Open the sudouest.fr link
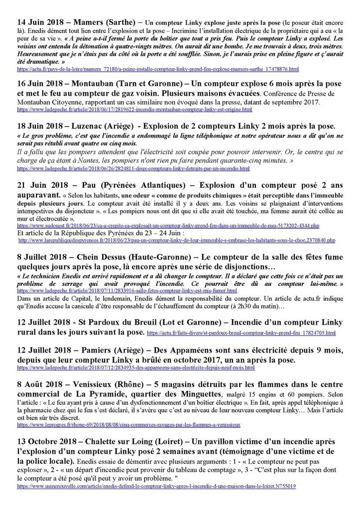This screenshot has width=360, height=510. [x=168, y=226]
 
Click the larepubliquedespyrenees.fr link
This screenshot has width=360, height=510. [x=176, y=240]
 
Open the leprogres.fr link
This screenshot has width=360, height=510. [x=128, y=425]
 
